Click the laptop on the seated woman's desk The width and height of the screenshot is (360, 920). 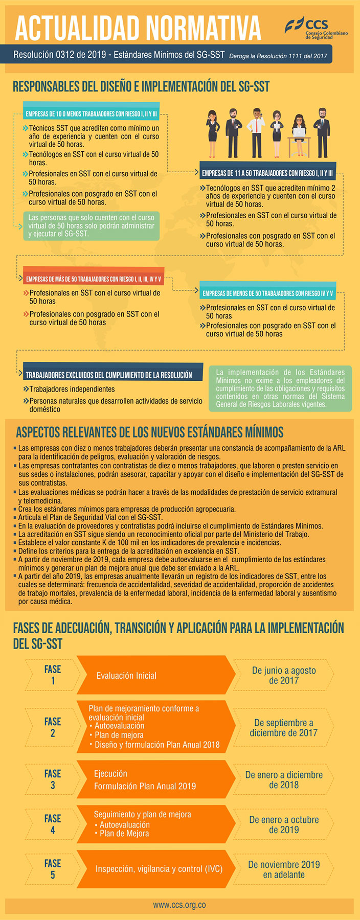(x=298, y=132)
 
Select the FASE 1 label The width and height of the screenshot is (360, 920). (x=53, y=675)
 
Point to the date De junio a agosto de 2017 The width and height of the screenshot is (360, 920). (x=284, y=675)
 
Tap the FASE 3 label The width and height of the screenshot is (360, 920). (x=53, y=779)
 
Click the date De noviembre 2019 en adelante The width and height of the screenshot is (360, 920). (x=284, y=869)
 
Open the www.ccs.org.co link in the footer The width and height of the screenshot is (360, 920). (x=179, y=905)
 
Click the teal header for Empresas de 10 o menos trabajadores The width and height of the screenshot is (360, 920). (x=92, y=114)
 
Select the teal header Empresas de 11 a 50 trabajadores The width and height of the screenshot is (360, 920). (x=267, y=173)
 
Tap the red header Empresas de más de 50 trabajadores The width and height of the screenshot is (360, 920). (x=94, y=279)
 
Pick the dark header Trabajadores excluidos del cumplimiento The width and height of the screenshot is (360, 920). (x=109, y=375)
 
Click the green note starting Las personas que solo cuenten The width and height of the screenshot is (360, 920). (x=92, y=225)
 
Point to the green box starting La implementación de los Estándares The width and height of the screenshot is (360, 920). (x=280, y=388)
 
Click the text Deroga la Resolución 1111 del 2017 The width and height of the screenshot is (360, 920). (x=278, y=56)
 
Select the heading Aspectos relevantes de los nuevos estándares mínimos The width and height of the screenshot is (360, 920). (x=150, y=432)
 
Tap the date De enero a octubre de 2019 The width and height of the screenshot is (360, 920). (x=284, y=824)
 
